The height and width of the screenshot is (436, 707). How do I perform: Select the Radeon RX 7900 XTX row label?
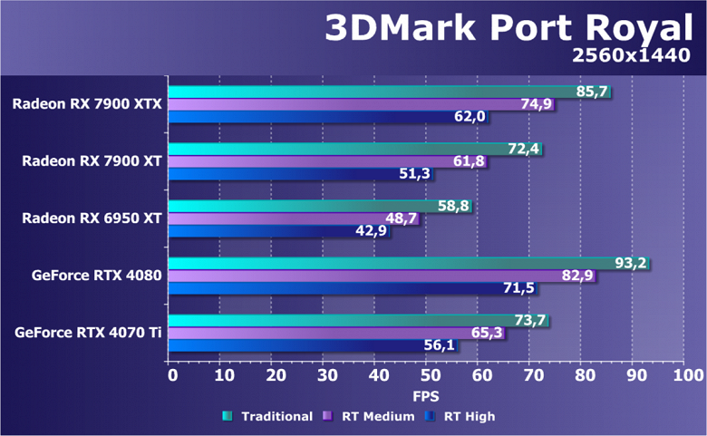click(x=87, y=103)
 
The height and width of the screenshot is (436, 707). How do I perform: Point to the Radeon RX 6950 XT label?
click(x=92, y=218)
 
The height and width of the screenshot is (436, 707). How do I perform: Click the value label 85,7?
click(x=593, y=92)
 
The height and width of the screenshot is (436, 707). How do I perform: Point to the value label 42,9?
click(x=372, y=231)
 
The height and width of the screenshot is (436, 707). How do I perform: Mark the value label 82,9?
click(x=577, y=276)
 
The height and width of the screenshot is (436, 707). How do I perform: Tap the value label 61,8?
click(x=470, y=161)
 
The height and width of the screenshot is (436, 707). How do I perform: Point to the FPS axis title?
click(x=426, y=396)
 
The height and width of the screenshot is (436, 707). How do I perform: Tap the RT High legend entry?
click(x=469, y=416)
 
